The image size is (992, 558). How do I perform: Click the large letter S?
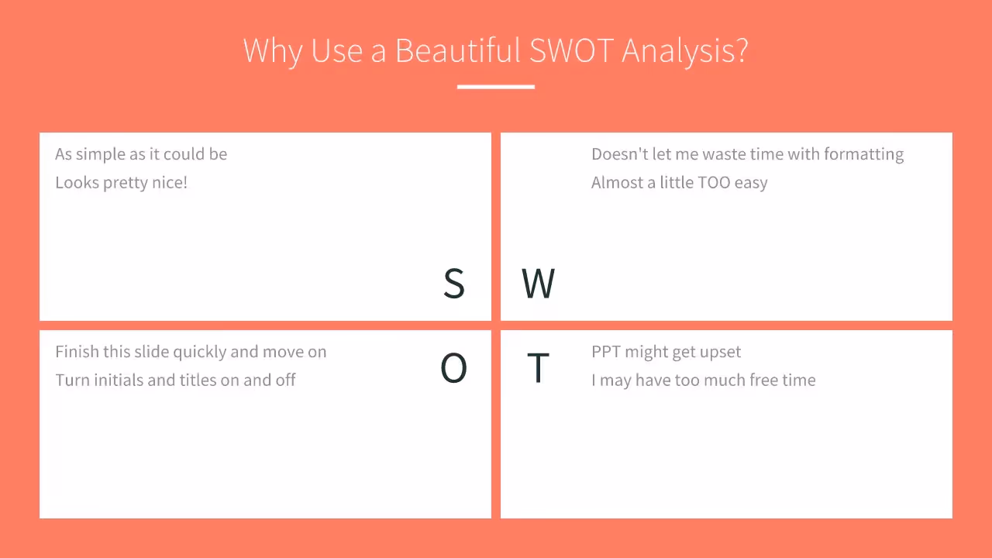click(454, 284)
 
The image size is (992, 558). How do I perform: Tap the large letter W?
click(538, 284)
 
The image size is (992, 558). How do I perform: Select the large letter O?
click(453, 368)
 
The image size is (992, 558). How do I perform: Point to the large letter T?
click(538, 368)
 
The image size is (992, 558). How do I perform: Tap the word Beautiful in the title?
click(457, 51)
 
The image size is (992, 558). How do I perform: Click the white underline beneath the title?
click(496, 87)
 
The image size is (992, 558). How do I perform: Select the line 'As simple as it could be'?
click(141, 154)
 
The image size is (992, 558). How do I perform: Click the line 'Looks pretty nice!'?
click(122, 183)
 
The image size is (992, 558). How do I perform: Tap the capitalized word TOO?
click(714, 183)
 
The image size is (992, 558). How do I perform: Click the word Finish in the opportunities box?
click(77, 352)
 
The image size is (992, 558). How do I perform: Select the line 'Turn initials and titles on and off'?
click(175, 381)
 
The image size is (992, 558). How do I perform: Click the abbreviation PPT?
click(606, 352)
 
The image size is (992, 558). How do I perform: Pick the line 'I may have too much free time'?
click(703, 381)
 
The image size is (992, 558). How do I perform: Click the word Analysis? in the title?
click(685, 51)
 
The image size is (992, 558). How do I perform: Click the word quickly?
click(199, 352)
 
